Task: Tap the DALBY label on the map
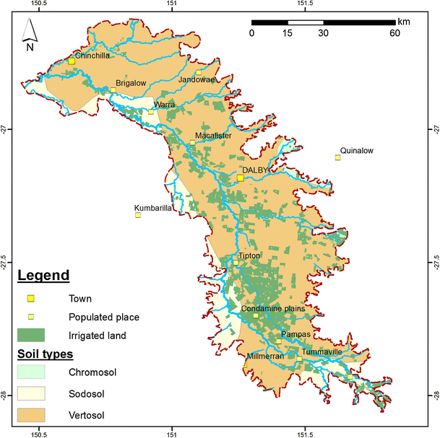255,170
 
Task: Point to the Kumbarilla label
153,208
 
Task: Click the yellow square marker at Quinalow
337,157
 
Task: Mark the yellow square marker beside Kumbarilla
138,215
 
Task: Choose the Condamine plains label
275,309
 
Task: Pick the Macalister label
213,136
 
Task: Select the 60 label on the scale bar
395,33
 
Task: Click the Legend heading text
43,276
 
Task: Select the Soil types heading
46,354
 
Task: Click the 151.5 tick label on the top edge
305,4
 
